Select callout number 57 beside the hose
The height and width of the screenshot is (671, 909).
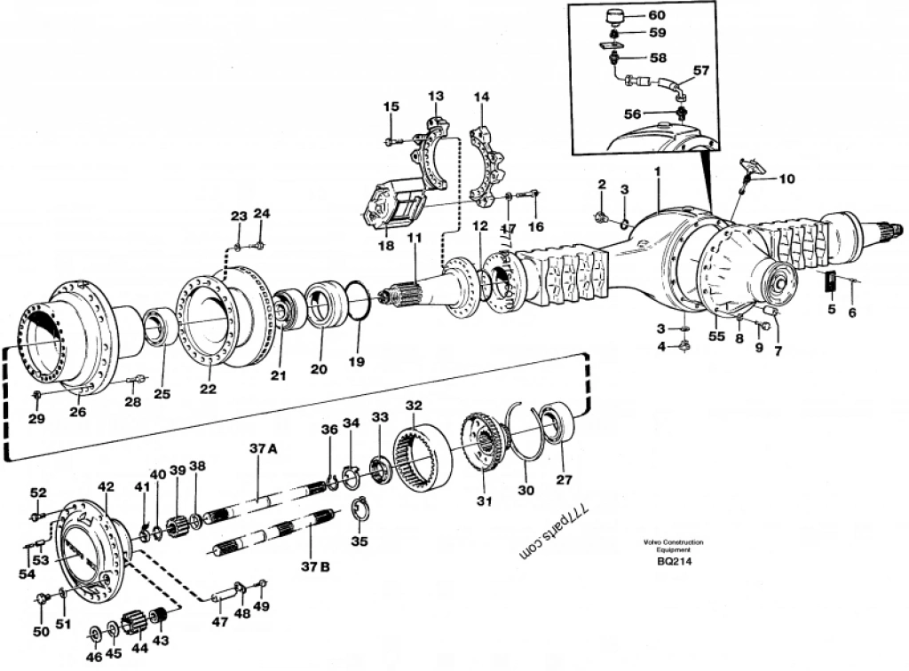coord(700,70)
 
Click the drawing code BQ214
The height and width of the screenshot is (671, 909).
coord(675,560)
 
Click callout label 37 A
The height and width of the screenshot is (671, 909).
coord(263,449)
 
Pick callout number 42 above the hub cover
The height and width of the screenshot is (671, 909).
coord(107,486)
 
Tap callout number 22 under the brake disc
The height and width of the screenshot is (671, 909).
coord(207,387)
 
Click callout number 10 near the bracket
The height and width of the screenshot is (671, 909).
coord(787,178)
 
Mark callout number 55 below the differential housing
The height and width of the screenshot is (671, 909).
coord(716,336)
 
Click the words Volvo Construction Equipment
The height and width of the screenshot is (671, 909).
coord(674,545)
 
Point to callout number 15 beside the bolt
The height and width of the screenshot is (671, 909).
coord(391,107)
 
